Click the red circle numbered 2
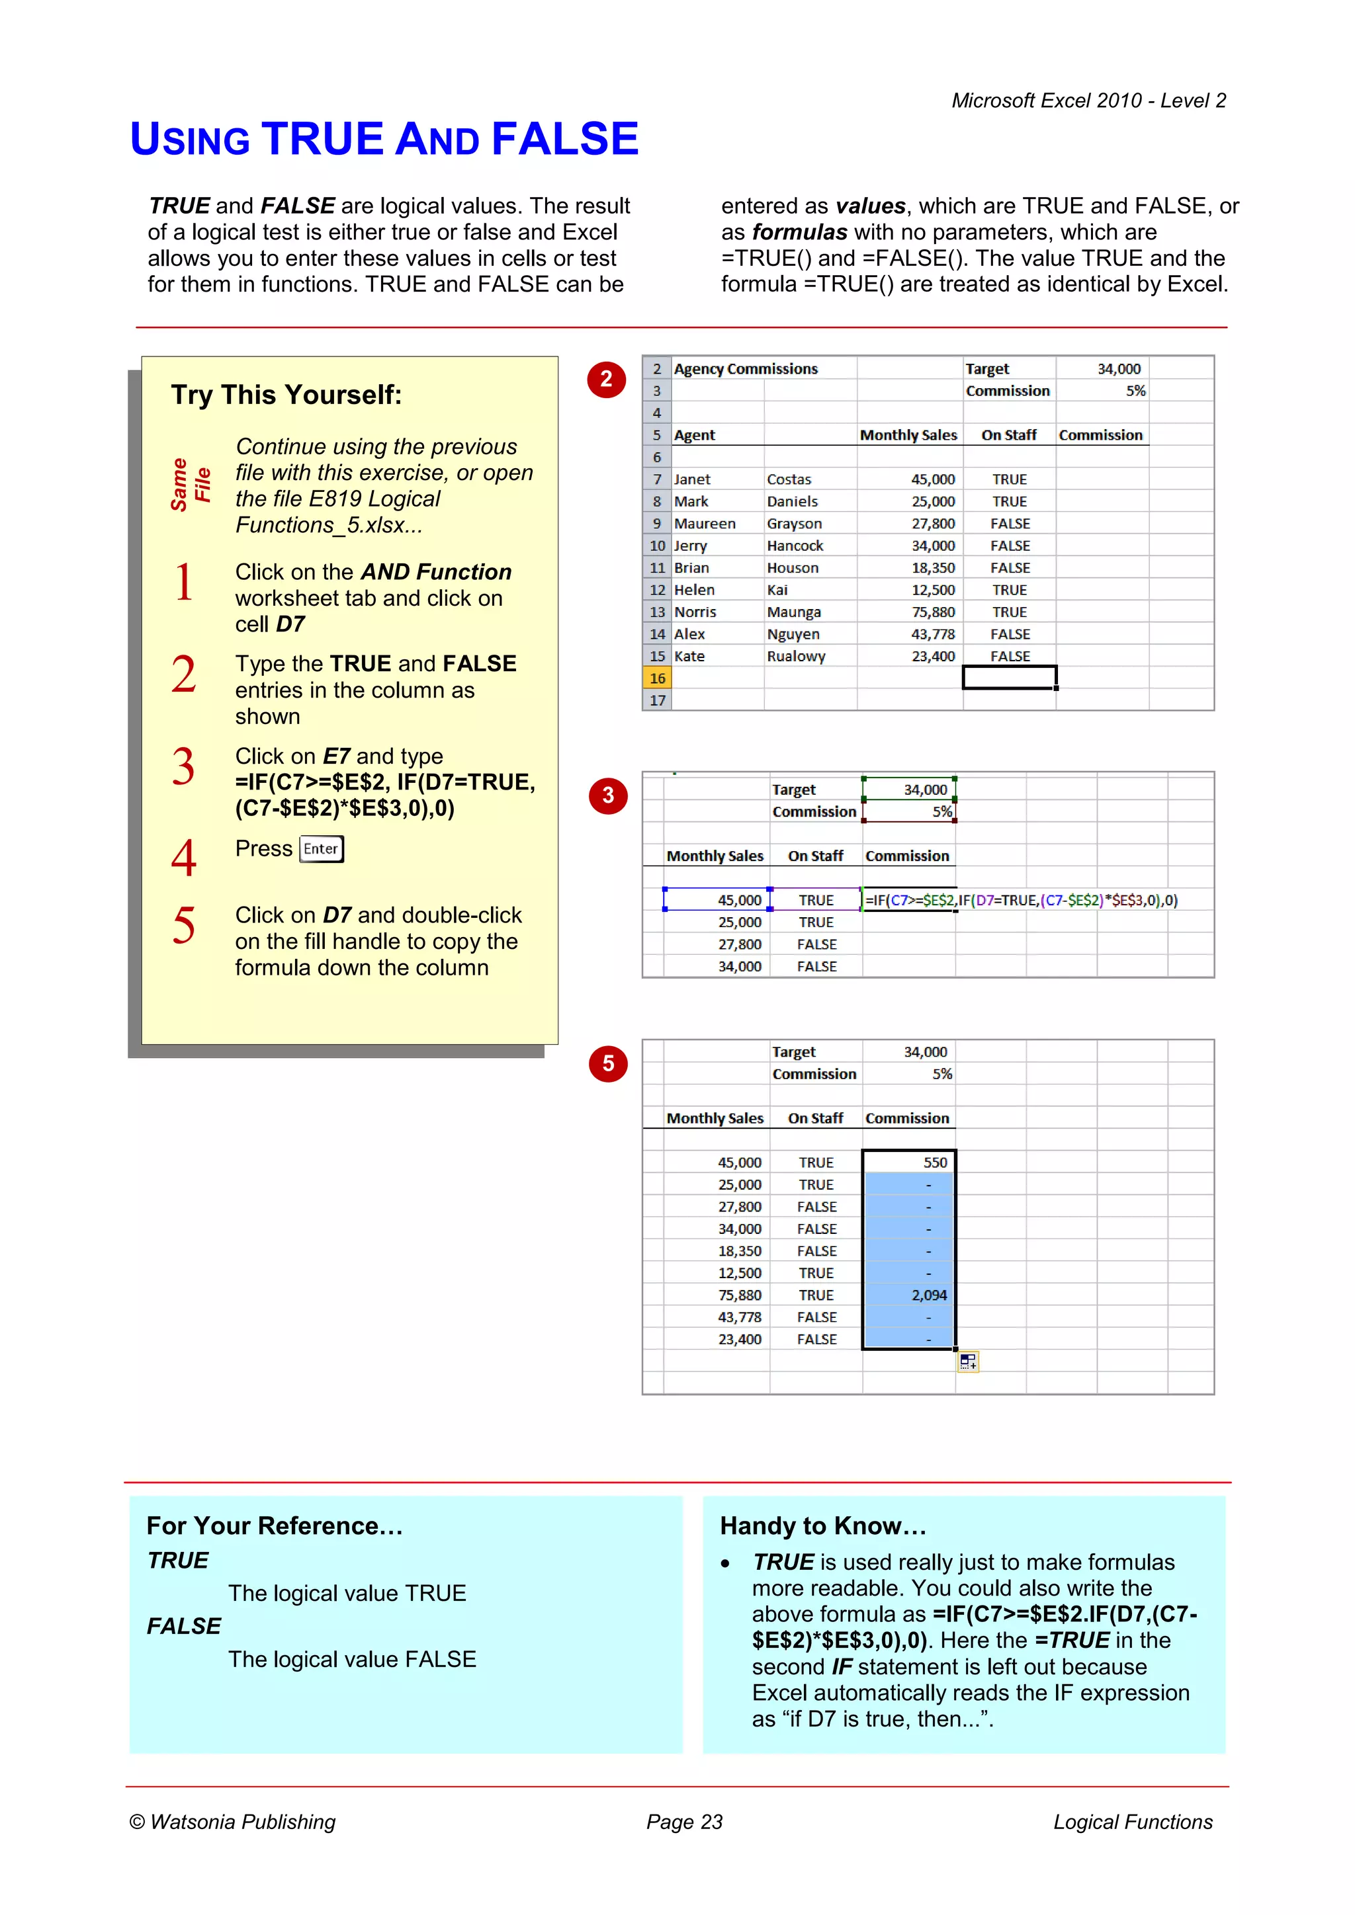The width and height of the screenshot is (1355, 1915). (x=607, y=380)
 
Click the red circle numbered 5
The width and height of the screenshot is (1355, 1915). (x=608, y=1063)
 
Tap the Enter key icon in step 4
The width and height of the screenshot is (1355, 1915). (x=322, y=849)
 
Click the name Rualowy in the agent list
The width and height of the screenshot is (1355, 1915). (x=796, y=657)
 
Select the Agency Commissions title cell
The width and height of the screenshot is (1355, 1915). (x=745, y=369)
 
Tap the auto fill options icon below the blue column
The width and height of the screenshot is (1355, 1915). (x=968, y=1362)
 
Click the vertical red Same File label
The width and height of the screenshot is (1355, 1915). (x=191, y=485)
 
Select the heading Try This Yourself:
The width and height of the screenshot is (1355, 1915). (x=286, y=395)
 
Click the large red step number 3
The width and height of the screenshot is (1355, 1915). (x=183, y=766)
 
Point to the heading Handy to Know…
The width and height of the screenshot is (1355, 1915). (x=822, y=1526)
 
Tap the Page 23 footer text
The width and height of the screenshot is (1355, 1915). (x=684, y=1822)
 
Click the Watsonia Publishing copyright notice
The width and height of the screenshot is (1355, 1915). (x=233, y=1822)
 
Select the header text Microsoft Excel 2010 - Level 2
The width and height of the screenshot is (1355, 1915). (x=1088, y=101)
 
